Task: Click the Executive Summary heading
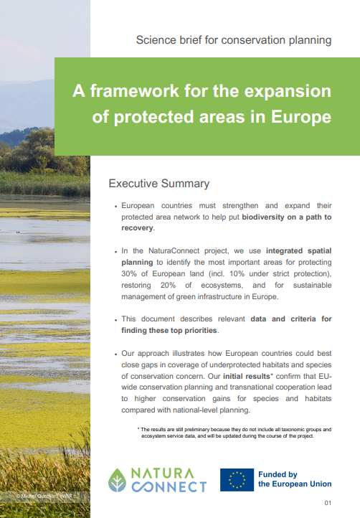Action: click(159, 184)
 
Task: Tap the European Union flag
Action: click(237, 480)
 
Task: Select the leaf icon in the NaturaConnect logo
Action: click(117, 480)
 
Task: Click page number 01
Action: click(328, 503)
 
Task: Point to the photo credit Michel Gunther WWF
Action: click(44, 496)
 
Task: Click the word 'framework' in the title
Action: click(134, 90)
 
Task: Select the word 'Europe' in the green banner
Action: click(301, 117)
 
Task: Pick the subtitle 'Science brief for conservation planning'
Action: click(234, 40)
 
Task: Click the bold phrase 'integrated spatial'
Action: click(298, 250)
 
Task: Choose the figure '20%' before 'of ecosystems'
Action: click(168, 285)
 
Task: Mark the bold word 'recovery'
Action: click(137, 228)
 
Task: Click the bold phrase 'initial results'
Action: click(247, 376)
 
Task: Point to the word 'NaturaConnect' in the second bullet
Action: click(174, 250)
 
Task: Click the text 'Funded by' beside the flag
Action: click(278, 474)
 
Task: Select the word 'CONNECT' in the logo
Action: click(169, 486)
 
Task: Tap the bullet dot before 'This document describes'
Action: click(116, 320)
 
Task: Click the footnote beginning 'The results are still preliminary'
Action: click(235, 433)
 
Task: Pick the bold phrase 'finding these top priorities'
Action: click(169, 330)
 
